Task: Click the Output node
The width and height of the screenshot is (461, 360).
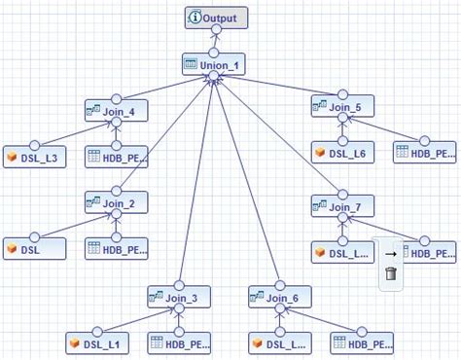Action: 218,18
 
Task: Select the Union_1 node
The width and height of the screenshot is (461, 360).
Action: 216,66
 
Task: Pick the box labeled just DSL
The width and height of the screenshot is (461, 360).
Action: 35,249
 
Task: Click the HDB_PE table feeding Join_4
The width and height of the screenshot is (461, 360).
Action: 118,158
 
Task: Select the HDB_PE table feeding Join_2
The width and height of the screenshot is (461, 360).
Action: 118,249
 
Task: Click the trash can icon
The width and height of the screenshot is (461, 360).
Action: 389,275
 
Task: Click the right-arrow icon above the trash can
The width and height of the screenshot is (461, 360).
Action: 389,252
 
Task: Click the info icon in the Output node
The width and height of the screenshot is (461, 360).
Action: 195,18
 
